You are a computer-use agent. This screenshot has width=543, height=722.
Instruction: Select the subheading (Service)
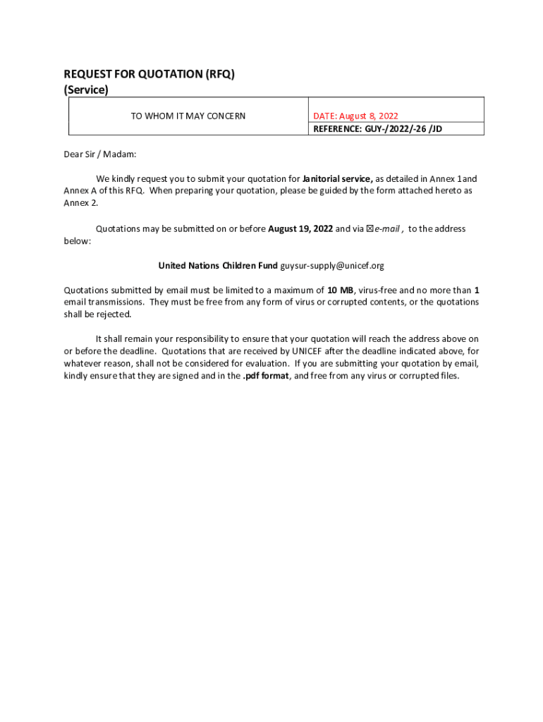[86, 90]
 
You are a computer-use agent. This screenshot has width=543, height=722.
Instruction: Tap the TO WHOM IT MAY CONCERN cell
[188, 116]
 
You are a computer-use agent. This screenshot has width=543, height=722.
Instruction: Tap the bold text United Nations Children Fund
[218, 266]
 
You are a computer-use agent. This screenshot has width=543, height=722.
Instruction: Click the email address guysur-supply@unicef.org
[332, 266]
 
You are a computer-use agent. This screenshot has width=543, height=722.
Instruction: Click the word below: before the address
[78, 240]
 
